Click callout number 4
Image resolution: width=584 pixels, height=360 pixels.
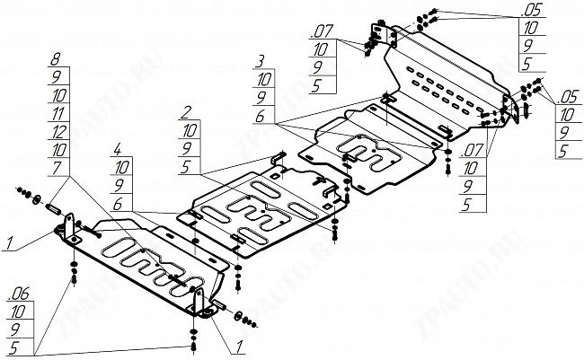click(x=118, y=146)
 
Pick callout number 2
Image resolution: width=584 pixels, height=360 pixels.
click(x=186, y=112)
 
